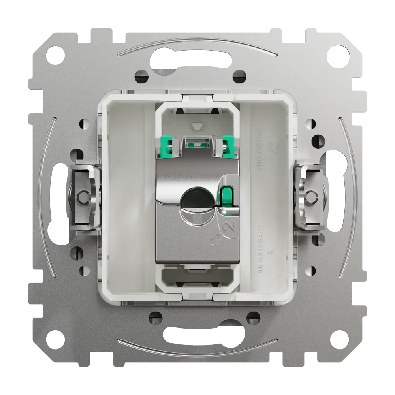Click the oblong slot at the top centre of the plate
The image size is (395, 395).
click(x=197, y=63)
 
